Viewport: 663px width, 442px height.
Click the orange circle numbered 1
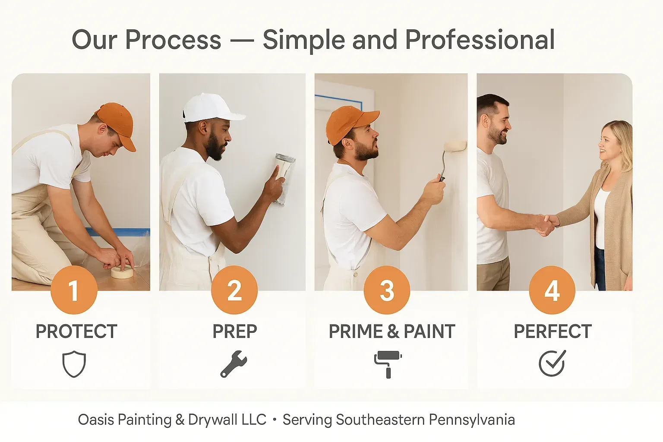click(74, 290)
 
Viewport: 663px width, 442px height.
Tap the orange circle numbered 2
click(234, 290)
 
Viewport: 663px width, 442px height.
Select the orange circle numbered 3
click(387, 290)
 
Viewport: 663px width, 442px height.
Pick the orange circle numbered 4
click(552, 290)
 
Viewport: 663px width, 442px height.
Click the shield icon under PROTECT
click(74, 364)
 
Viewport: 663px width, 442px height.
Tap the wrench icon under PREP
click(234, 364)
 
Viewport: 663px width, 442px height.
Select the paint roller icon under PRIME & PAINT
click(388, 364)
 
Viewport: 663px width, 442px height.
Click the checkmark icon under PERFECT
click(552, 363)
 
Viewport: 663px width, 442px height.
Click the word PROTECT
click(76, 331)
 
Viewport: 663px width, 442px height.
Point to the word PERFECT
click(552, 331)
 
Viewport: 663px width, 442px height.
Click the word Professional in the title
click(480, 40)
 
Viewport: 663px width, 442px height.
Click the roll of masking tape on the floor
click(122, 272)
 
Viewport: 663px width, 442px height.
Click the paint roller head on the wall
click(455, 146)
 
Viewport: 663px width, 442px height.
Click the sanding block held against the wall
click(284, 179)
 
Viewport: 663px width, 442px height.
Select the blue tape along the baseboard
click(117, 232)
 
